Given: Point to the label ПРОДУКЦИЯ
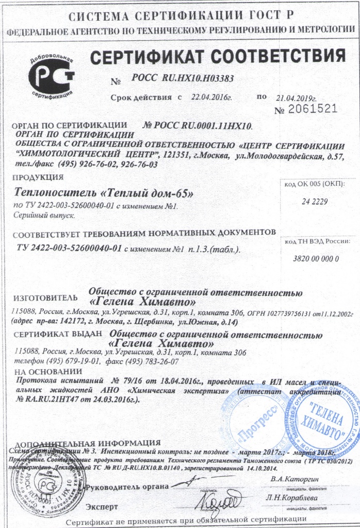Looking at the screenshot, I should [x=37, y=178].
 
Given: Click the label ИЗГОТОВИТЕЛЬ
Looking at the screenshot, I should [x=45, y=298].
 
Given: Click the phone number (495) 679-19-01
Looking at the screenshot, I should [x=73, y=361].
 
